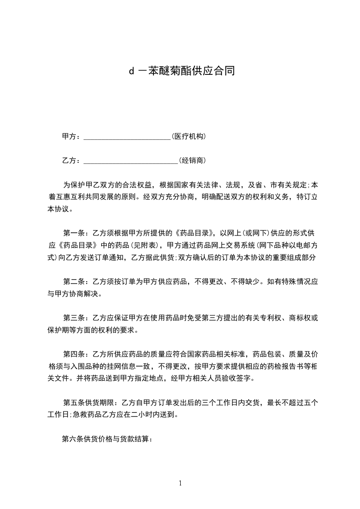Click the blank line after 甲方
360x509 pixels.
[x=127, y=137]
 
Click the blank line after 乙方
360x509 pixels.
[x=131, y=160]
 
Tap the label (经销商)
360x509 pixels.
[x=193, y=160]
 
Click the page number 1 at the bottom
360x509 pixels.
[x=180, y=483]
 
